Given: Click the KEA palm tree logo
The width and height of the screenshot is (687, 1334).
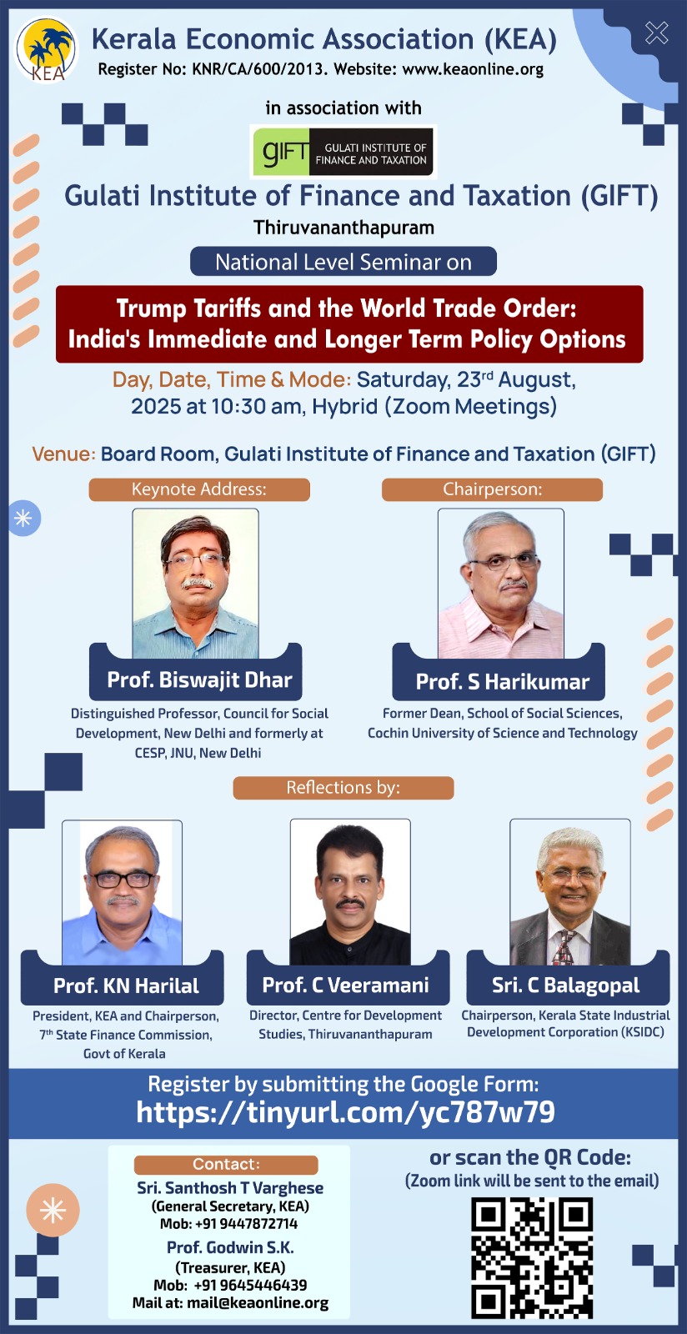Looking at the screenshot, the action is pyautogui.click(x=47, y=50).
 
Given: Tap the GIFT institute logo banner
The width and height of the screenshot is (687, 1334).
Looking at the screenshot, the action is pyautogui.click(x=343, y=152).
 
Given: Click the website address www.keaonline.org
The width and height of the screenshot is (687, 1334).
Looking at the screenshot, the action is pyautogui.click(x=474, y=70).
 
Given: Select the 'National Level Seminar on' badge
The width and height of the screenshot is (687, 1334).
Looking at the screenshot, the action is pyautogui.click(x=343, y=262).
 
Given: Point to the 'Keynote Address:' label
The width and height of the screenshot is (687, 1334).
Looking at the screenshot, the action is pyautogui.click(x=199, y=489).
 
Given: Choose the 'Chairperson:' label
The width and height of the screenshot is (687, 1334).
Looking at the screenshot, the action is pyautogui.click(x=493, y=489).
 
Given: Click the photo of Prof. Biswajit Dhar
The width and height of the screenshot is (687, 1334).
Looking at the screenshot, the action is pyautogui.click(x=195, y=583).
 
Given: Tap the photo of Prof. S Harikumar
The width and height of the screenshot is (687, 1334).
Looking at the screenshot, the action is pyautogui.click(x=501, y=583).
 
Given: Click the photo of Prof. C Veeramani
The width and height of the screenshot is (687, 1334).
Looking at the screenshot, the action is pyautogui.click(x=350, y=891).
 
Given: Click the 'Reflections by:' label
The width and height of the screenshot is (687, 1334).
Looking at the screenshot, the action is pyautogui.click(x=343, y=788).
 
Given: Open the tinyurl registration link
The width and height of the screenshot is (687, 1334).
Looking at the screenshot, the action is pyautogui.click(x=345, y=1112).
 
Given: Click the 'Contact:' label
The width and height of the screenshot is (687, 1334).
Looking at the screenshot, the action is pyautogui.click(x=226, y=1165).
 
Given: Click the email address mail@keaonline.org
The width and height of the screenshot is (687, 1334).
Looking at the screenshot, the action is pyautogui.click(x=258, y=1302).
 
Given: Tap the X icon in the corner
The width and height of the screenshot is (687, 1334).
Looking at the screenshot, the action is pyautogui.click(x=657, y=33).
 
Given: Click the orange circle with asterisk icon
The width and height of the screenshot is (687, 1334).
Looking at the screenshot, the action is pyautogui.click(x=53, y=1210).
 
